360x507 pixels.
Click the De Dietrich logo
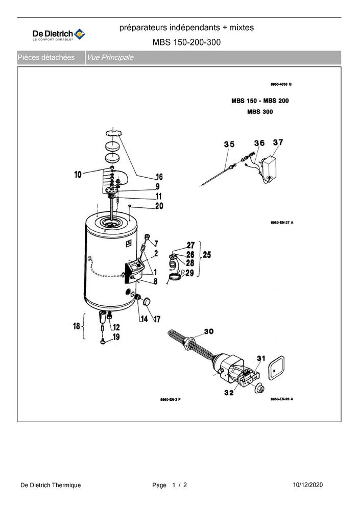[x=59, y=35]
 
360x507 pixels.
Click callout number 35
[x=229, y=144]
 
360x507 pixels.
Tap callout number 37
[x=278, y=142]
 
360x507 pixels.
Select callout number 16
[x=159, y=177]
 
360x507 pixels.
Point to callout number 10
[x=78, y=175]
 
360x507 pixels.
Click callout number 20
[x=159, y=206]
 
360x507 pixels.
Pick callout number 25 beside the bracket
[x=207, y=255]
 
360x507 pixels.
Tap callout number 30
[x=209, y=331]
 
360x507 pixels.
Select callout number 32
[x=229, y=393]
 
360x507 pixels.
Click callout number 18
[x=76, y=326]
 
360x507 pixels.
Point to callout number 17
[x=157, y=320]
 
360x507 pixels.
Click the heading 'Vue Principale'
[x=110, y=57]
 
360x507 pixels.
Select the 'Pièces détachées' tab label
[x=46, y=57]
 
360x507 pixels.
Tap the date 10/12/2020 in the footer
[x=308, y=485]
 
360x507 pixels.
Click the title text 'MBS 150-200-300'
[x=186, y=42]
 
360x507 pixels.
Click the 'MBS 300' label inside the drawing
[x=260, y=112]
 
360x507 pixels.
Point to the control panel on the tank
[x=135, y=269]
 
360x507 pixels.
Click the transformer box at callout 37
[x=270, y=168]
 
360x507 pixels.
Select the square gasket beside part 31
[x=276, y=368]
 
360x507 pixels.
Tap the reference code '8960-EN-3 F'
[x=170, y=400]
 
